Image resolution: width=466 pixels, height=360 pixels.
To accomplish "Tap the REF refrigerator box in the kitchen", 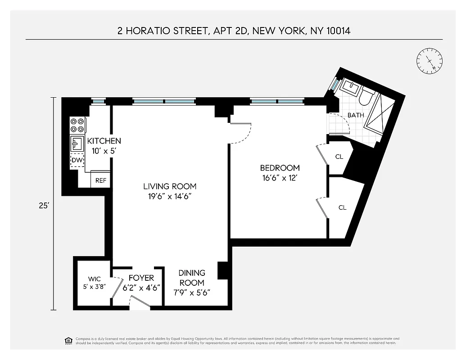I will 101,180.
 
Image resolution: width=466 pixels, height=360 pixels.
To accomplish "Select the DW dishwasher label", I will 77,160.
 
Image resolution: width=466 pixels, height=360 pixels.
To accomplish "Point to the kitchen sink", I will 77,144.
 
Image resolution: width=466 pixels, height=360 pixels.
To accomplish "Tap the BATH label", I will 355,115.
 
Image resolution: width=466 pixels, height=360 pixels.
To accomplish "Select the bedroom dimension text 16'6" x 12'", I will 280,178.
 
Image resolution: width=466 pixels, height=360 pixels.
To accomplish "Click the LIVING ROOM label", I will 170,186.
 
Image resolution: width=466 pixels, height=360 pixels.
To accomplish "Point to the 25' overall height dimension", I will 43,205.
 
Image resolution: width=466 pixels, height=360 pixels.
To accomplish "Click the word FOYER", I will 141,278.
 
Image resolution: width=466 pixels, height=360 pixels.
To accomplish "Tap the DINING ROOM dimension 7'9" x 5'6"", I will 192,292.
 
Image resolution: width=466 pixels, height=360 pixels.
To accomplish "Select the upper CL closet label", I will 339,157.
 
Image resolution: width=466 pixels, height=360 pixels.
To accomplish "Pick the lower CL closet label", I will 342,207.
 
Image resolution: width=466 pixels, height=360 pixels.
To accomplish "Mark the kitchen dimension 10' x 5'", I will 104,151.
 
